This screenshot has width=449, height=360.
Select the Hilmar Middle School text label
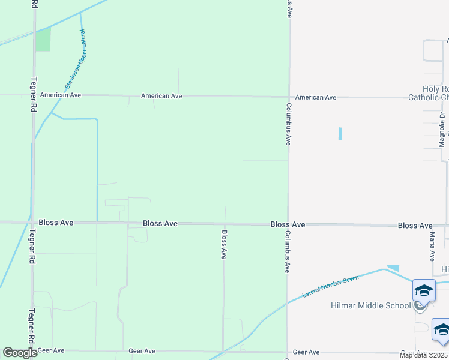[370, 305]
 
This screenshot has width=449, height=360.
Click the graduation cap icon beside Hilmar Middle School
[424, 291]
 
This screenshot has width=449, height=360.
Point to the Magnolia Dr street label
[441, 129]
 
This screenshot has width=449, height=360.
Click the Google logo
[20, 353]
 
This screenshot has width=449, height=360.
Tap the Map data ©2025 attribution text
[423, 355]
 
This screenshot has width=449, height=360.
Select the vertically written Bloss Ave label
[224, 245]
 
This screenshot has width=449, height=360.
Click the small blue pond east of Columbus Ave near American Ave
[340, 133]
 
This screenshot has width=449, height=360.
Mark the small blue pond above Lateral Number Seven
[393, 268]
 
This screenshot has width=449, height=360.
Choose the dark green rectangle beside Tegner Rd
[43, 39]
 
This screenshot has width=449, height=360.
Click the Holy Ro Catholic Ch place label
[428, 93]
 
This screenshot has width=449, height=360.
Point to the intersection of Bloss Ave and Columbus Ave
[288, 224]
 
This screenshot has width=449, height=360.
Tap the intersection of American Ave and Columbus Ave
[288, 96]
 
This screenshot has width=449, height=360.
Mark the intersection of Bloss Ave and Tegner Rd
[32, 223]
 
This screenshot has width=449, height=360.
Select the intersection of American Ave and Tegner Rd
[33, 95]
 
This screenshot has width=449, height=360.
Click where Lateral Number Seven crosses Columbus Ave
[288, 301]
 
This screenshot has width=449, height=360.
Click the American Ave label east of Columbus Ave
[316, 97]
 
